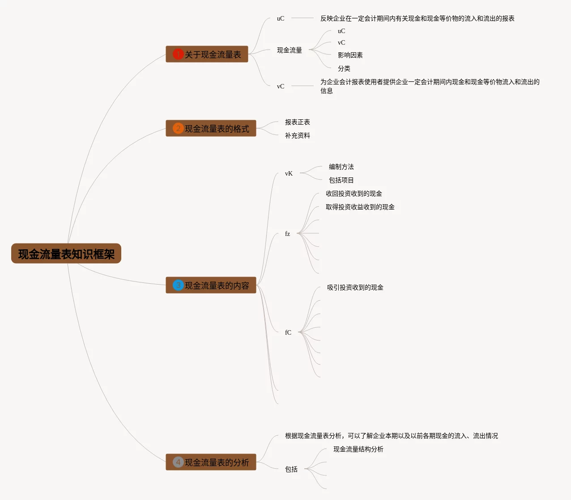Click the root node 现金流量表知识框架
pos(66,254)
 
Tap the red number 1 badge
pos(178,54)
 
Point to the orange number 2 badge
pos(178,128)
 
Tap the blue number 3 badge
pos(178,285)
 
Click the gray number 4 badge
pos(178,462)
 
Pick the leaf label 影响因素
pos(350,55)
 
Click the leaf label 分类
pos(344,68)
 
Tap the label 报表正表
pos(297,122)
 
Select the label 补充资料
pos(297,135)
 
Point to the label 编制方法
pos(341,167)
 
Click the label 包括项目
pos(341,180)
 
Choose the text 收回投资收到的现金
pos(354,193)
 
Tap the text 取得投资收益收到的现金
pos(360,207)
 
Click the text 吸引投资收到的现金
pos(355,287)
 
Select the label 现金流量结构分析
pos(358,449)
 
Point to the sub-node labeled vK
pos(289,173)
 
